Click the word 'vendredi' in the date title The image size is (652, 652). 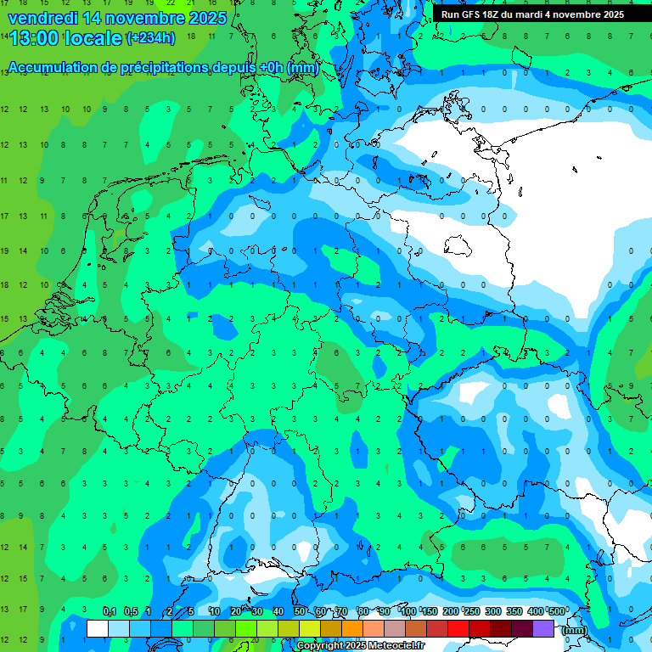42,17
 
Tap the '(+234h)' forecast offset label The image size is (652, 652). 151,37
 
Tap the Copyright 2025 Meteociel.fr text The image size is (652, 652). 360,646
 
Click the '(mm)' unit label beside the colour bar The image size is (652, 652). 574,630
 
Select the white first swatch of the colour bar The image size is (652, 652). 98,629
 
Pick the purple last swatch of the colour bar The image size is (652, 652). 543,629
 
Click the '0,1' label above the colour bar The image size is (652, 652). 110,611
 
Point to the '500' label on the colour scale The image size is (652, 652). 557,611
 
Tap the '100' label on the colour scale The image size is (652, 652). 408,611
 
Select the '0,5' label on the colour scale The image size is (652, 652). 131,611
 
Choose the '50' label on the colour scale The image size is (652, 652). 300,611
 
